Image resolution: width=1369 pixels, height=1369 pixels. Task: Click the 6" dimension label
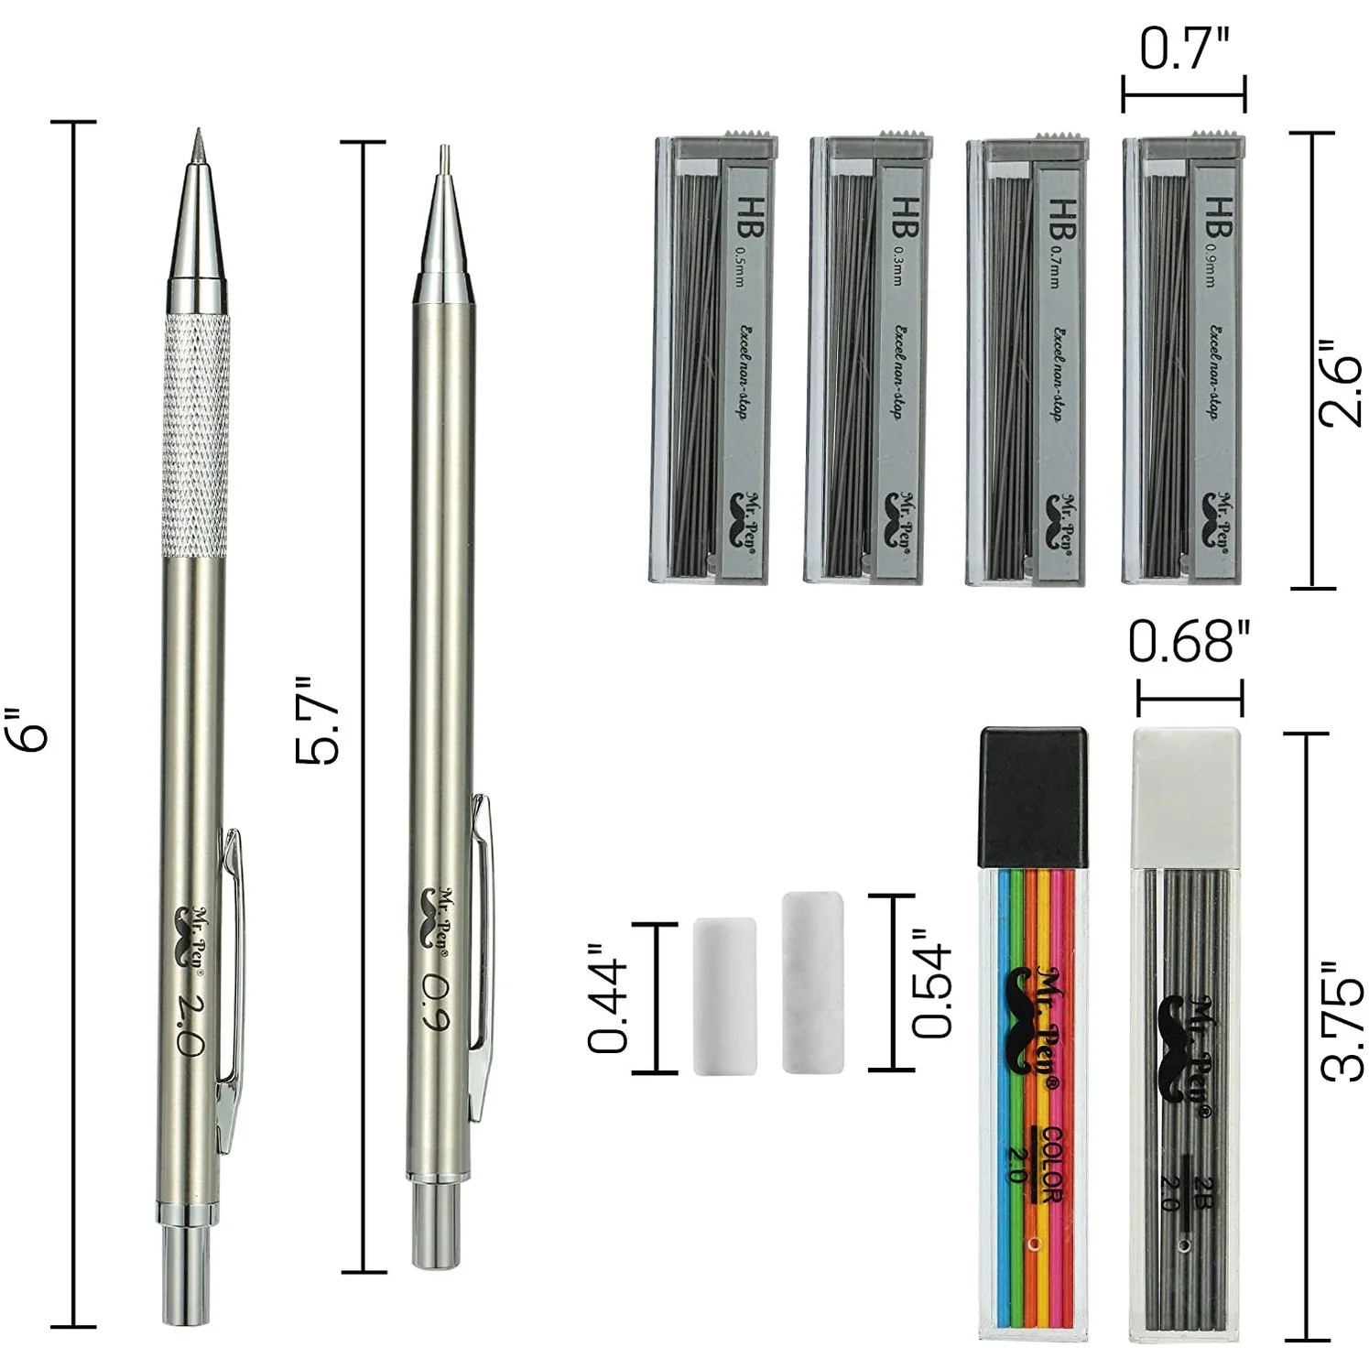pos(34,728)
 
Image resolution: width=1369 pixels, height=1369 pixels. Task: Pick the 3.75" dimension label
pos(1342,1021)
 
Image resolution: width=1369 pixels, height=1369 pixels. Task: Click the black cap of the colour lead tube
pos(1034,797)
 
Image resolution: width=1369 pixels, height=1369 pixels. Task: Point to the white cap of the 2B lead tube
pos(1187,797)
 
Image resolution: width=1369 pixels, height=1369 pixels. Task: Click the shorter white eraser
pos(725,995)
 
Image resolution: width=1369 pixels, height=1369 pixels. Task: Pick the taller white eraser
pos(812,982)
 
